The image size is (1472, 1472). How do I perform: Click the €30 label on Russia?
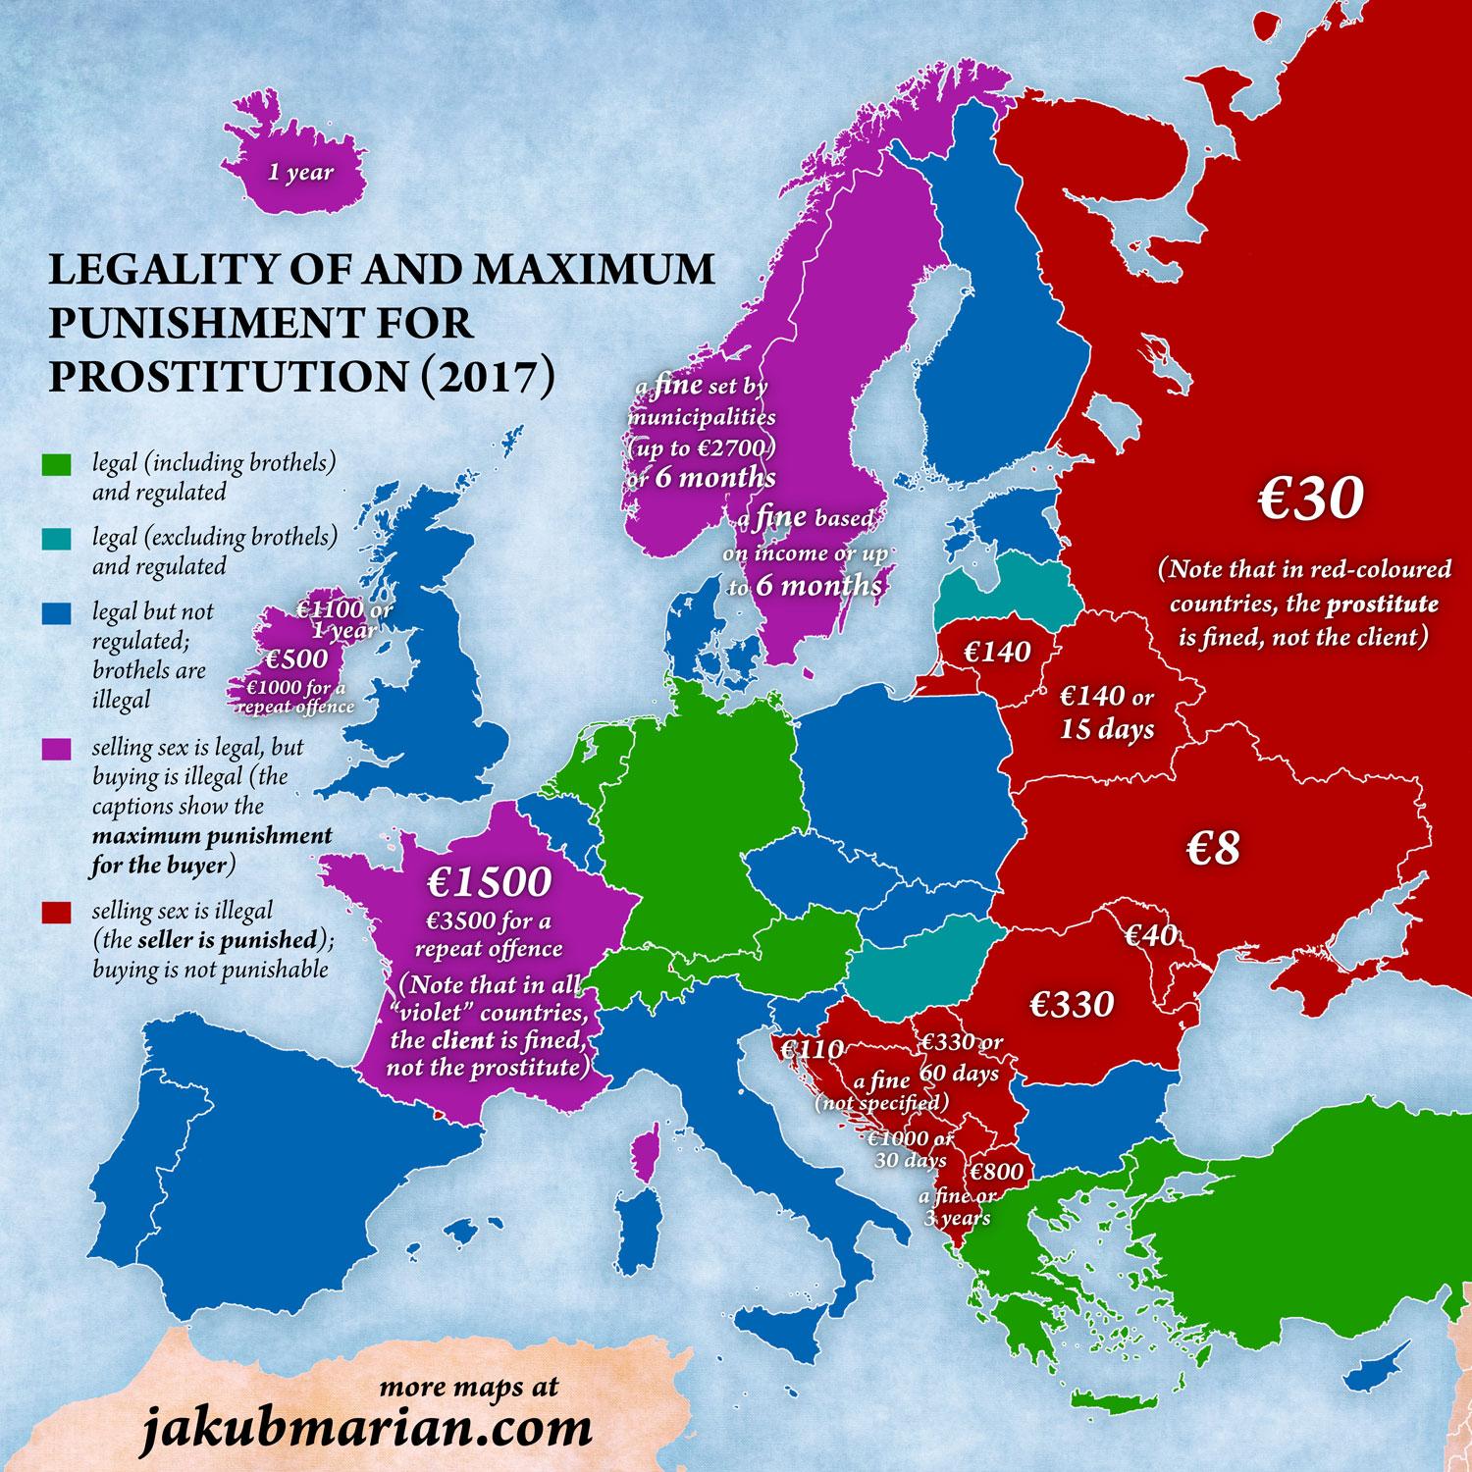point(1295,499)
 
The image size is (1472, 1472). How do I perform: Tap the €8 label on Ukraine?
point(1213,849)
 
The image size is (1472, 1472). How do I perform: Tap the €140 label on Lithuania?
point(996,651)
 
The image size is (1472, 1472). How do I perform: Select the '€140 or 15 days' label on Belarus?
point(1107,712)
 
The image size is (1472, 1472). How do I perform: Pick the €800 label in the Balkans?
point(997,1171)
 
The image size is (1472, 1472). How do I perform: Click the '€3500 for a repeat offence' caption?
point(489,934)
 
